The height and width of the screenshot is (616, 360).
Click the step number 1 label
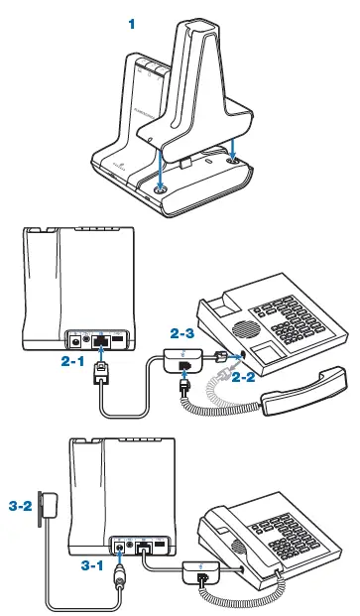[132, 21]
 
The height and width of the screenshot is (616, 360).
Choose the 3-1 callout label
[95, 564]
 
